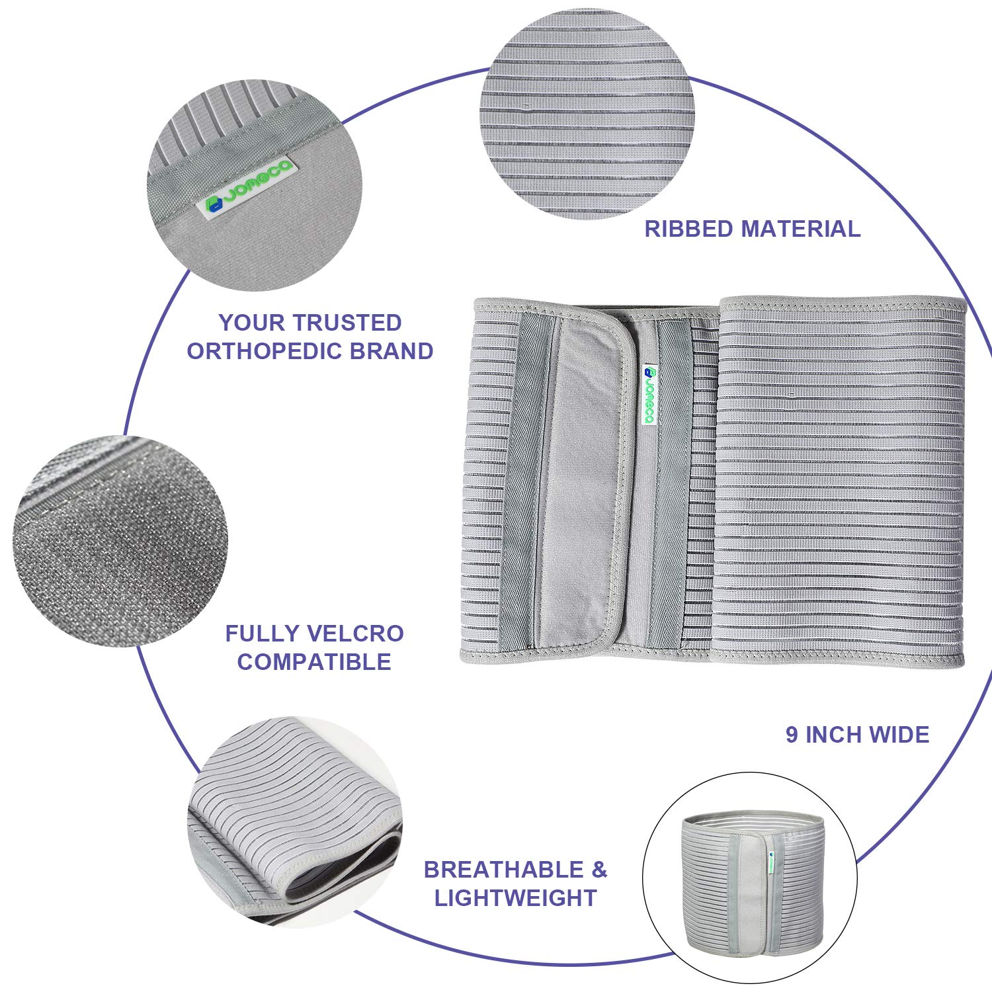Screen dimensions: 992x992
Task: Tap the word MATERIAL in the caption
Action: pos(800,229)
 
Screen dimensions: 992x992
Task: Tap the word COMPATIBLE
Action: pos(314,662)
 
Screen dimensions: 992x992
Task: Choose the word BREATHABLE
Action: pos(505,870)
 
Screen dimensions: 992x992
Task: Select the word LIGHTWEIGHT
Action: pos(515,898)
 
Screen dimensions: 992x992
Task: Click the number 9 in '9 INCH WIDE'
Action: pos(792,735)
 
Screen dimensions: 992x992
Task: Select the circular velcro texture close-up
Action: pos(120,541)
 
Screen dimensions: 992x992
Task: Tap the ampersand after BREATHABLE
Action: pos(600,870)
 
